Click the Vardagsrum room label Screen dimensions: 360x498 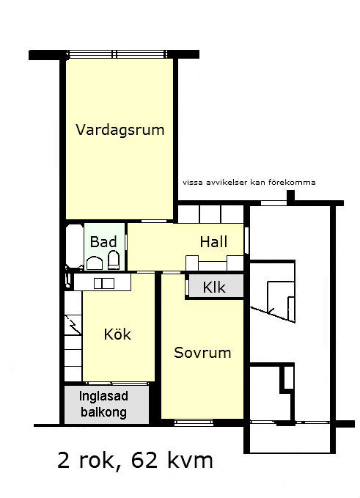click(120, 131)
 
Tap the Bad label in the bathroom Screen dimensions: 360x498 click(103, 242)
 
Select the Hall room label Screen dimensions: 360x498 click(213, 242)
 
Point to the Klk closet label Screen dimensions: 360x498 click(214, 288)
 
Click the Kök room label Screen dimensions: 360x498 click(117, 334)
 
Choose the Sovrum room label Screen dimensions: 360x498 click(202, 353)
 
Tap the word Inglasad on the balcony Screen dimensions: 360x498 click(103, 396)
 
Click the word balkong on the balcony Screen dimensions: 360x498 click(103, 412)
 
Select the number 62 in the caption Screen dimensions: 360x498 click(144, 460)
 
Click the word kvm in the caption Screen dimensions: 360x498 click(189, 460)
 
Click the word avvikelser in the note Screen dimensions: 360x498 click(227, 183)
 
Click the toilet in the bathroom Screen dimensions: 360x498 click(114, 260)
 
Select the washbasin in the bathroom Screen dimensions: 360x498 click(95, 263)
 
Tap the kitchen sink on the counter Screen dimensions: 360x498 click(104, 283)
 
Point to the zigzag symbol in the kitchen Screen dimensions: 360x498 click(73, 325)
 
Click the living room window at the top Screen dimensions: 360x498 click(117, 54)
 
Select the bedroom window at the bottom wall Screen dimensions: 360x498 click(194, 422)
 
